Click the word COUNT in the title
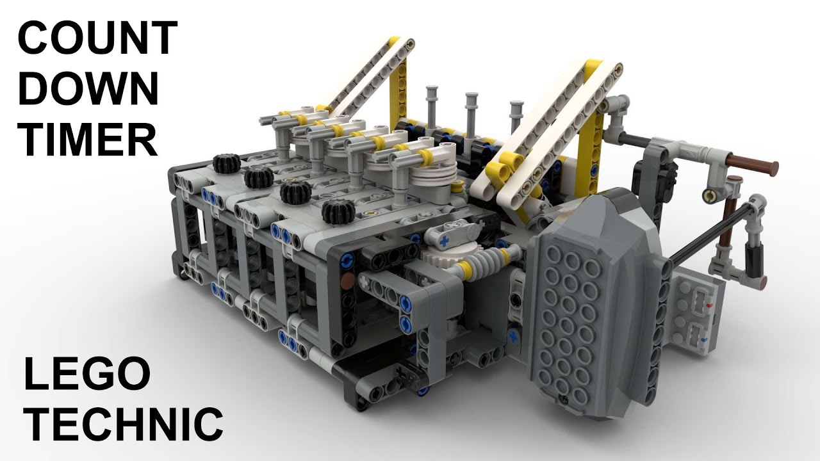pyautogui.click(x=97, y=38)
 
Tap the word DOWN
pyautogui.click(x=87, y=90)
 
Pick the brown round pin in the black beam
pyautogui.click(x=346, y=280)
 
